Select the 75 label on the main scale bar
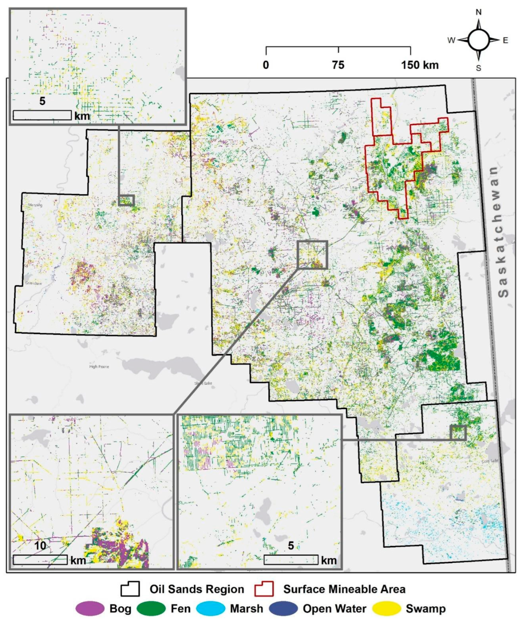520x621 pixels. (338, 65)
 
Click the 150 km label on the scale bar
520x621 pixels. (420, 65)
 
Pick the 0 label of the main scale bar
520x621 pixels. (266, 65)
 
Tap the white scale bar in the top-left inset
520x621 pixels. (42, 115)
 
